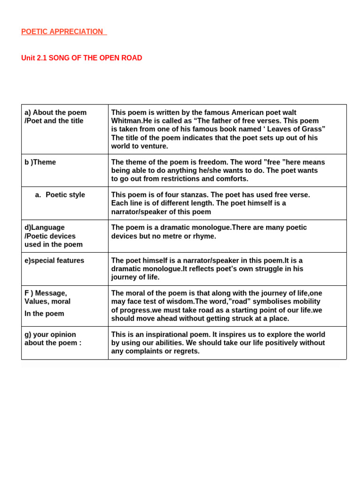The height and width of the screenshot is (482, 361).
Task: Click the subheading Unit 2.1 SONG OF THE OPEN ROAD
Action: tap(81, 58)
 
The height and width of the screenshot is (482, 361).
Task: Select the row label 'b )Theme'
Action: tap(40, 162)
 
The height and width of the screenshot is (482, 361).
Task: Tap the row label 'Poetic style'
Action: tap(65, 195)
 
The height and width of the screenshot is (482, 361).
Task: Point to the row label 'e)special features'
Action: tap(54, 260)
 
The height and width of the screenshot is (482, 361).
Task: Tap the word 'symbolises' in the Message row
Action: tap(275, 301)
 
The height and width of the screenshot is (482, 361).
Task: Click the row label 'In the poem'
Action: tap(44, 313)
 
